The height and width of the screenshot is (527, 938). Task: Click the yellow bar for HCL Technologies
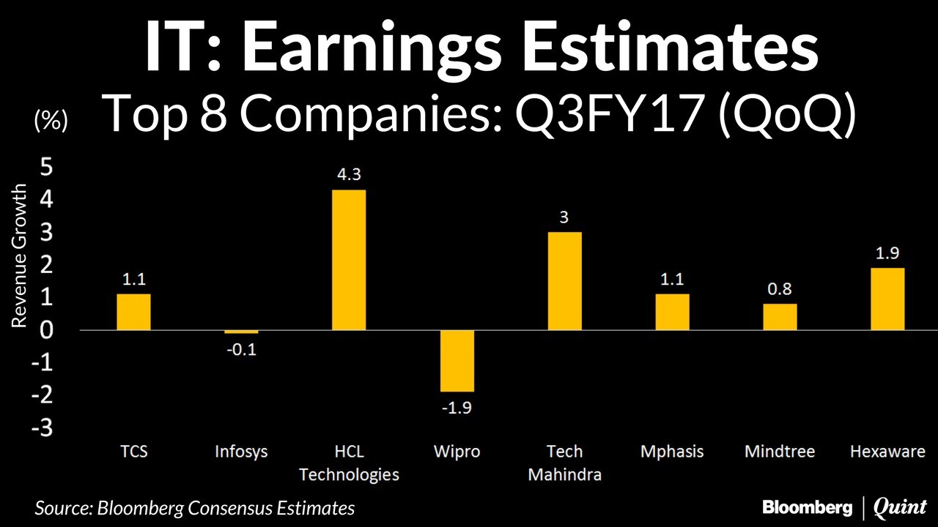point(349,260)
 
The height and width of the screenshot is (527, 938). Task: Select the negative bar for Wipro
point(457,361)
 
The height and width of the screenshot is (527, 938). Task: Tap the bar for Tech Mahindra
point(564,281)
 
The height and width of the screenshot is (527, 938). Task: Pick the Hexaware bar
point(887,299)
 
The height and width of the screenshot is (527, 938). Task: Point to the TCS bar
point(133,312)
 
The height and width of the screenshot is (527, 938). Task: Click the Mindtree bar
point(780,317)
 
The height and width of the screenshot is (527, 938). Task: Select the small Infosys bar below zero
point(241,332)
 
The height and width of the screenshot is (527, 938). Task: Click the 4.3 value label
point(349,175)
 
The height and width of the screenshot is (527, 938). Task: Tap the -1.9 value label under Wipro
point(457,408)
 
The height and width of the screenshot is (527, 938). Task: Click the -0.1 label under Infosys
point(241,349)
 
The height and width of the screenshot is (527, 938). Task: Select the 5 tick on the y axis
point(46,168)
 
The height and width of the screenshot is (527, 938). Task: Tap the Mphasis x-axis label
point(672,451)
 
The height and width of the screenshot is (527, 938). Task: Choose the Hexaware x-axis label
point(887,451)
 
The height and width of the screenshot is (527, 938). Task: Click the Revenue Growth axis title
point(20,256)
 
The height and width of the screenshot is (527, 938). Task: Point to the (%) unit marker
point(51,121)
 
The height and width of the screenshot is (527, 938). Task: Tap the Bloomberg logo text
point(807,507)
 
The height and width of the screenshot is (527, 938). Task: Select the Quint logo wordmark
point(901,507)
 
